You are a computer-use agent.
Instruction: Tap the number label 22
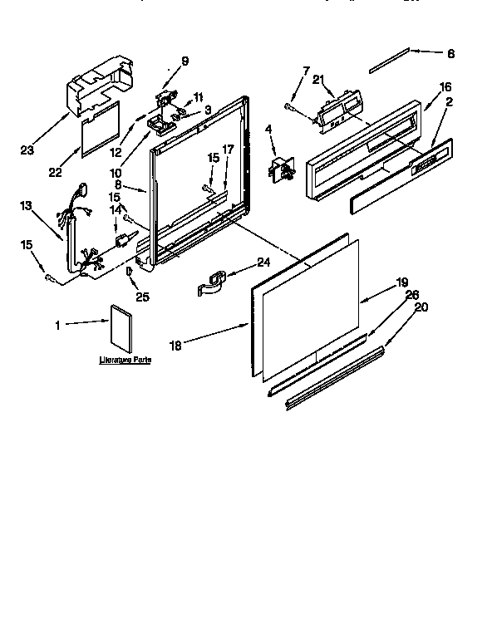(56, 172)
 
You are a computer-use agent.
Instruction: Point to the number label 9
(184, 60)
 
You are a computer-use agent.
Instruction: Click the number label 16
(445, 86)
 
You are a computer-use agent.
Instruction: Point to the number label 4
(268, 129)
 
